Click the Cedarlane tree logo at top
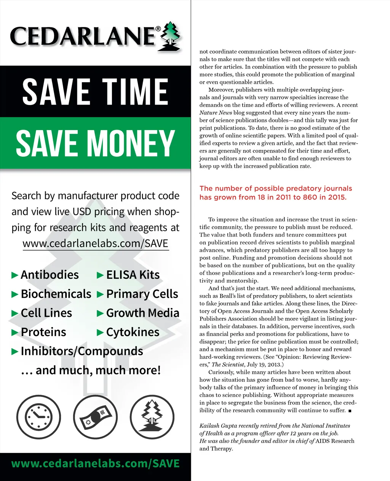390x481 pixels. [171, 37]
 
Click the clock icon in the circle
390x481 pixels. [38, 417]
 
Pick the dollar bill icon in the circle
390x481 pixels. [95, 417]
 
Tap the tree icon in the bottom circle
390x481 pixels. [152, 417]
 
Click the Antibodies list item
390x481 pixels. [50, 275]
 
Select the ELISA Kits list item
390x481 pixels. [133, 275]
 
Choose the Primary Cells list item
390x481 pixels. [142, 294]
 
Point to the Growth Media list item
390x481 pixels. [142, 313]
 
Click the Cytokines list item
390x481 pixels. [133, 332]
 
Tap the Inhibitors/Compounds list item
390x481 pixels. [82, 351]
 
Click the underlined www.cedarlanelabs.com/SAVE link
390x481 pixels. [95, 243]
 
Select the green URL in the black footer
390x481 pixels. [95, 464]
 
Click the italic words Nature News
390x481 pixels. [216, 113]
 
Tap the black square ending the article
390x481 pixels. [350, 411]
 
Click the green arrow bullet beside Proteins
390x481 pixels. [15, 332]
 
